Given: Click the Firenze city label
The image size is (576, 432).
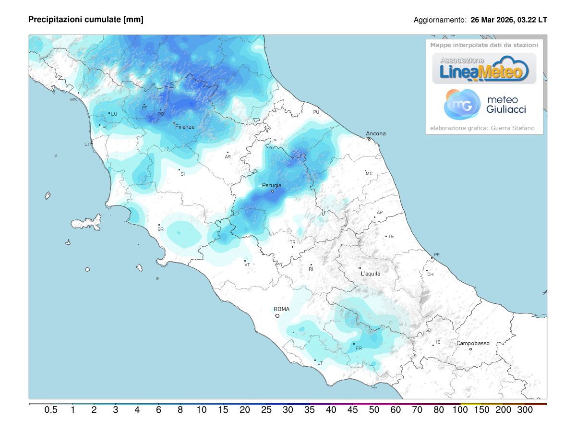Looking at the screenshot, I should coord(185,127).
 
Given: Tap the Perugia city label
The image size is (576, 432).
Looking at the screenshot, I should coord(272,185).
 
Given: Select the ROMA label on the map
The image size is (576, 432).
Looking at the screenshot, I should coord(282,309).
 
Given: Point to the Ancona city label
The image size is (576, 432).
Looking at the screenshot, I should coord(376,133).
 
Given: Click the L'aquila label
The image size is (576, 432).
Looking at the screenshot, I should coord(371,274).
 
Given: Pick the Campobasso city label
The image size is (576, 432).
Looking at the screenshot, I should coord(473,343).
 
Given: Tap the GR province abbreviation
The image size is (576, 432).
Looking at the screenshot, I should coord(161,229).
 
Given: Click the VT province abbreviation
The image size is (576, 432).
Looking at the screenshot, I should coord(247,265).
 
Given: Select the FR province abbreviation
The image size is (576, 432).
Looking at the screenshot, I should coord(359,348).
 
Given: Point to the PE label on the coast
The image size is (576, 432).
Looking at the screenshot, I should coord(436,255).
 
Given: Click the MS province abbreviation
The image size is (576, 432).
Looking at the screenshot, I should coord(73,100).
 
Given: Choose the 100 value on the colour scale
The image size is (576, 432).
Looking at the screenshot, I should coord(460,410).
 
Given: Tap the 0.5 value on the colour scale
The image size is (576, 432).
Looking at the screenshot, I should coord(51,410).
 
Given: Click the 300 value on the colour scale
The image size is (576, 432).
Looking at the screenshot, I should coord(525,410).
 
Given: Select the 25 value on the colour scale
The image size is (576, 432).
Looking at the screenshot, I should coord(266,410).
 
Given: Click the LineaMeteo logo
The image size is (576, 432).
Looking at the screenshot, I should coord(484,69).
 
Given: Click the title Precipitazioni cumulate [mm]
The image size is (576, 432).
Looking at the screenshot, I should coord(86,20).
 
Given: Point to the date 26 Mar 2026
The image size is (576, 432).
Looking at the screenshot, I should coord(492,20).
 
